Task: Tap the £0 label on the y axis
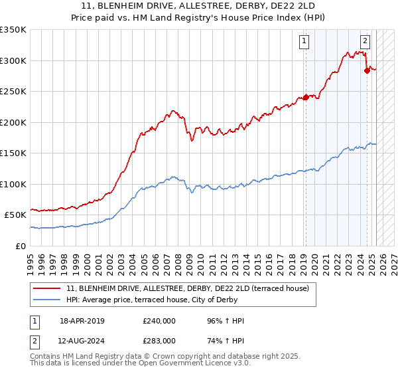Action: tap(21, 246)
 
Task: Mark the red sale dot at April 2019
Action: tap(306, 98)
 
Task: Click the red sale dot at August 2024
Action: tap(367, 71)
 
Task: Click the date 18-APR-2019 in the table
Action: tap(82, 321)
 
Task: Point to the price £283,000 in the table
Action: tap(159, 341)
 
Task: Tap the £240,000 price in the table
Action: tap(159, 321)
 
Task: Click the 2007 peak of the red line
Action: tap(172, 111)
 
